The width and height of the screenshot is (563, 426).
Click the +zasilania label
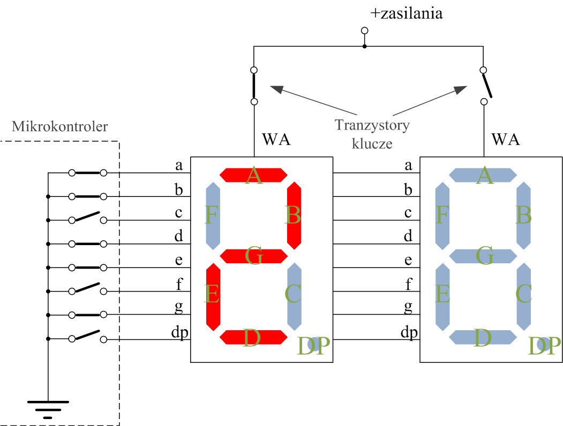tap(407, 13)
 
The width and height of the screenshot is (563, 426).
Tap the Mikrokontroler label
tap(59, 126)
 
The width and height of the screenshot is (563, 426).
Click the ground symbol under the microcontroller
tap(48, 410)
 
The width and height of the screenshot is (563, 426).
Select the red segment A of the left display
tap(253, 175)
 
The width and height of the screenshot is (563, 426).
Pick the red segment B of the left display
tap(294, 216)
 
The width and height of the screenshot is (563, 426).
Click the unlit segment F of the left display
tap(213, 216)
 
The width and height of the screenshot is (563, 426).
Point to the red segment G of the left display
tap(253, 256)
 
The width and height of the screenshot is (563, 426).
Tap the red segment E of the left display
tap(213, 296)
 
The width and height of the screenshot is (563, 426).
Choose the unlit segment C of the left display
tap(294, 296)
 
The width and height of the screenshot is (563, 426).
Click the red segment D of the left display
tap(253, 337)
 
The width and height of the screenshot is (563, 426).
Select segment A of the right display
tap(483, 175)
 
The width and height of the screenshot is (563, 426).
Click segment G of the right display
tap(483, 256)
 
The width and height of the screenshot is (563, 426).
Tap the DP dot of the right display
tap(543, 344)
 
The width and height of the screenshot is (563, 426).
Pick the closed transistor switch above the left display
tap(254, 86)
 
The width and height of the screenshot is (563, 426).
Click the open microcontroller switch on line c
tap(88, 217)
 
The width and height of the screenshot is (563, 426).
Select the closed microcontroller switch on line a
tap(88, 173)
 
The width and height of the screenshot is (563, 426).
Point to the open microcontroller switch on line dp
tap(88, 336)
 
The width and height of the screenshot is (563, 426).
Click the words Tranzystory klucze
tap(372, 134)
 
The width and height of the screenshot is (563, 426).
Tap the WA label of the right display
tap(506, 140)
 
